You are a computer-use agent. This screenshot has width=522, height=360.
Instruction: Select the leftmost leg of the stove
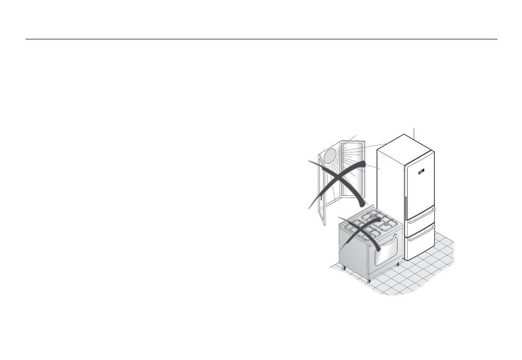[x=344, y=268]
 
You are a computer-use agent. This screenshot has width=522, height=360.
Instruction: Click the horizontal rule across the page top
[x=261, y=39]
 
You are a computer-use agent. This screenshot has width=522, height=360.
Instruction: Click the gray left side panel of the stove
[x=353, y=254]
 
